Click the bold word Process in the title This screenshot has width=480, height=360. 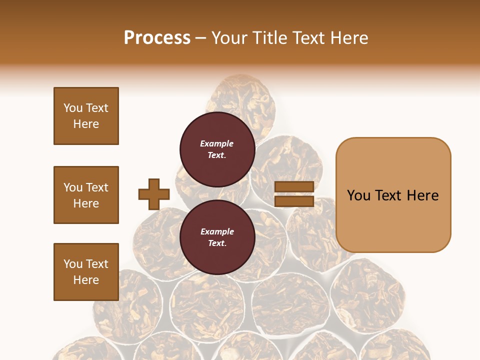pyautogui.click(x=157, y=37)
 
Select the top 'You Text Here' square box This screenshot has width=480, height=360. pyautogui.click(x=86, y=116)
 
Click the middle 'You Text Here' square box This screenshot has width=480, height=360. pyautogui.click(x=86, y=195)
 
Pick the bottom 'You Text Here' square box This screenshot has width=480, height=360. pyautogui.click(x=86, y=272)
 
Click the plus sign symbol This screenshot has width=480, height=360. pyautogui.click(x=154, y=194)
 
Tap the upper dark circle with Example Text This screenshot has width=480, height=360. pyautogui.click(x=217, y=149)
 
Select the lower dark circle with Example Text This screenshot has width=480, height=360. pyautogui.click(x=217, y=237)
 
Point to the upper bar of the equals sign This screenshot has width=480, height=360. pyautogui.click(x=294, y=186)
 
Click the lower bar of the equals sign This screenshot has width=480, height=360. pyautogui.click(x=294, y=201)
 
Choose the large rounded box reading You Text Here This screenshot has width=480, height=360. pyautogui.click(x=393, y=194)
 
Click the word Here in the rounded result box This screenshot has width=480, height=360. pyautogui.click(x=422, y=195)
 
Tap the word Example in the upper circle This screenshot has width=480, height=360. pyautogui.click(x=217, y=143)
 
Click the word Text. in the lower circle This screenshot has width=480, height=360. pyautogui.click(x=217, y=243)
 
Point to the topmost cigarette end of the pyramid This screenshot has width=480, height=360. pyautogui.click(x=241, y=95)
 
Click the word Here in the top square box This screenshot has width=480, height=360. pyautogui.click(x=86, y=124)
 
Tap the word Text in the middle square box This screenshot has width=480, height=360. pyautogui.click(x=97, y=187)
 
